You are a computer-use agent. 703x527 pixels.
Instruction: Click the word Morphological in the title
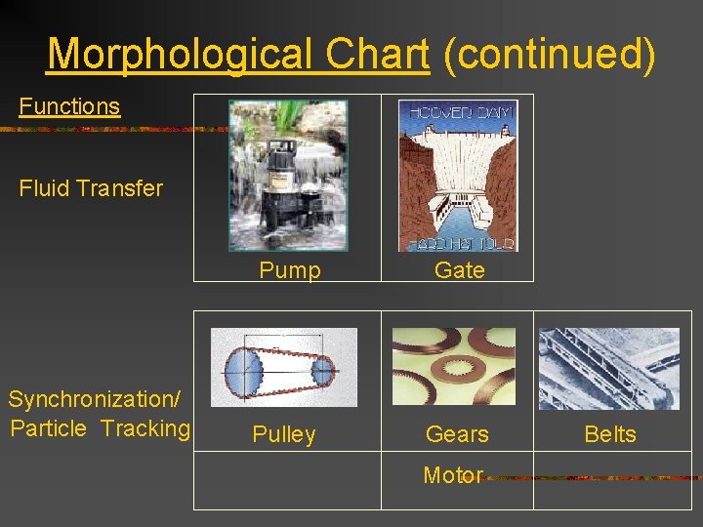(186, 55)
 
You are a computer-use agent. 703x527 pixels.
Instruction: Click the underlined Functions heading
(69, 106)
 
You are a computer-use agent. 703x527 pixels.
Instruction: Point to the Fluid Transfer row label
(91, 188)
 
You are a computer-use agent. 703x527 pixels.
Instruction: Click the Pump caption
(290, 270)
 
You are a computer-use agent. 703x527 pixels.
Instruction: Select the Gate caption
(459, 270)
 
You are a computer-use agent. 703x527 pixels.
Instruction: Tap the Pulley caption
(284, 434)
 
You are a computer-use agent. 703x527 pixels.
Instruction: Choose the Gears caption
(457, 434)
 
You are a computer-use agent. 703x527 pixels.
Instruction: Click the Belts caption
(610, 434)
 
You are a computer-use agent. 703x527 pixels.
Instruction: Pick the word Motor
(453, 475)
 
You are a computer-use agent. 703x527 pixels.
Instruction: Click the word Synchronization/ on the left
(90, 399)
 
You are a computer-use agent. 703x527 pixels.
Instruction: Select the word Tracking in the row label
(145, 427)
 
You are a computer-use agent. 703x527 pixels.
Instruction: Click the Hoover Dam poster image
(457, 176)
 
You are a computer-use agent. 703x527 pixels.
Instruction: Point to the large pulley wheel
(245, 370)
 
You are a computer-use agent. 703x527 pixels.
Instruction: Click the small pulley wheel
(322, 370)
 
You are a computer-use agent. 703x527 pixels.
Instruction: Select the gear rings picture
(453, 367)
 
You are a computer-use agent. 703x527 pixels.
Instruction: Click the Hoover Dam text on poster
(457, 111)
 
